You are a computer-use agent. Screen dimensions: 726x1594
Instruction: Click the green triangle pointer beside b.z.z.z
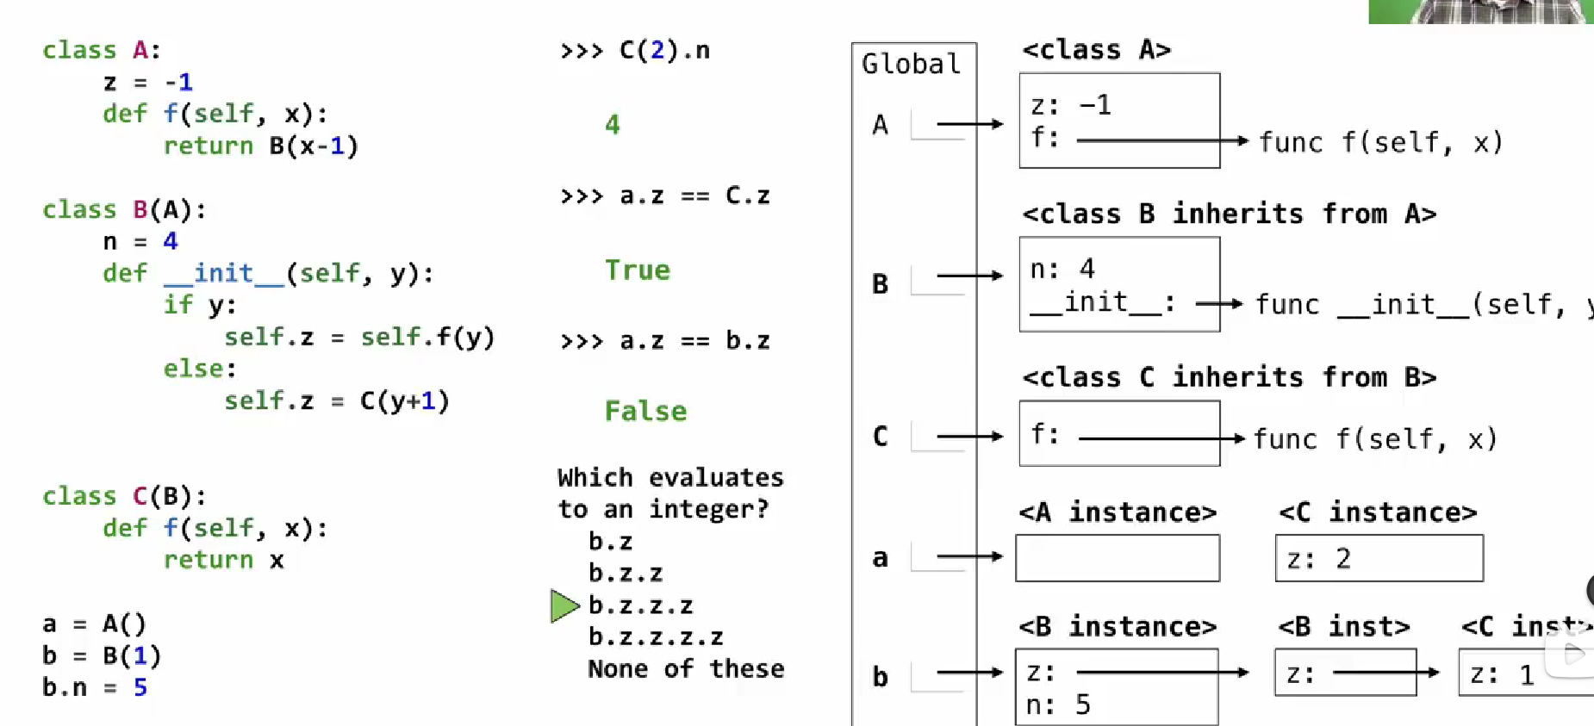point(564,605)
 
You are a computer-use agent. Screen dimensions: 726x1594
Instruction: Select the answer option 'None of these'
point(686,669)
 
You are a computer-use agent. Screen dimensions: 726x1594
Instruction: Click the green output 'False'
point(645,411)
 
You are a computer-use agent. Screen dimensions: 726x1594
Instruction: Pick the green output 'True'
point(637,270)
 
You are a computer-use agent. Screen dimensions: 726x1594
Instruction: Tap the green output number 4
point(612,125)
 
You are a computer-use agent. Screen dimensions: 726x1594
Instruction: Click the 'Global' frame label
point(911,64)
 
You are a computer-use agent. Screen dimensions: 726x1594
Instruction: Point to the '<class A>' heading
point(1096,50)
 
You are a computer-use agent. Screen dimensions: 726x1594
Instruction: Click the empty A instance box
point(1118,558)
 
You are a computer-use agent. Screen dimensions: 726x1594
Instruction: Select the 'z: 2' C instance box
point(1379,558)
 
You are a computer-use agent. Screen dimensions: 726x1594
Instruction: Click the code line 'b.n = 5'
point(95,687)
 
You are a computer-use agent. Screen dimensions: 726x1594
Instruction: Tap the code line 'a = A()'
point(95,624)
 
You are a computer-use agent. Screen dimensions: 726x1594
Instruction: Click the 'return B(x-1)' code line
point(260,146)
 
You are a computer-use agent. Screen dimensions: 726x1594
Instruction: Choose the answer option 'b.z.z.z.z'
point(656,637)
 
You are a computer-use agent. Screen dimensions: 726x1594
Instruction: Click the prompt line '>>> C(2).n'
point(635,50)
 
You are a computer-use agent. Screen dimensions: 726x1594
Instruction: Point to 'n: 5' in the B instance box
point(1058,705)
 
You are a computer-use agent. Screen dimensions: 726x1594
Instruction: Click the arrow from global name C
point(969,437)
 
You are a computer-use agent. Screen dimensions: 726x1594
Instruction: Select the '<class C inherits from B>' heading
point(1229,377)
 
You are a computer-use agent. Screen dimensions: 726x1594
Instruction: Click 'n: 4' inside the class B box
point(1062,269)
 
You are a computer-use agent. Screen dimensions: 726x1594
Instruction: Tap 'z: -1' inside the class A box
point(1071,105)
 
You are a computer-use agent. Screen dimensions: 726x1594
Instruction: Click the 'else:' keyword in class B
point(200,369)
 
